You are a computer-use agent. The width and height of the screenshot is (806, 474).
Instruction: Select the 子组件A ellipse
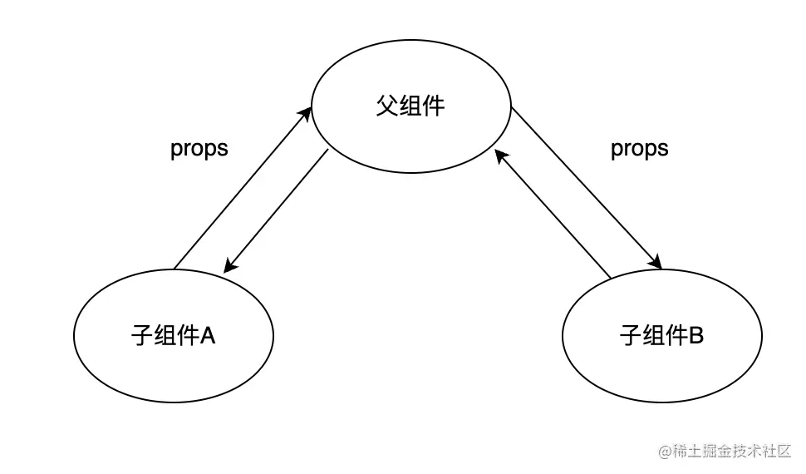[174, 336]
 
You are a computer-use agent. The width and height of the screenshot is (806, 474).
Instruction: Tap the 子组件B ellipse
[661, 336]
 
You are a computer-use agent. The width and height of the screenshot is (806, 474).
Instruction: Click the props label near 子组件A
[199, 149]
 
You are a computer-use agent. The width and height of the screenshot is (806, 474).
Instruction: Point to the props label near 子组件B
[639, 149]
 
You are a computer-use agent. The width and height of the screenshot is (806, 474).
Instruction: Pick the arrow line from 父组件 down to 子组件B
[586, 188]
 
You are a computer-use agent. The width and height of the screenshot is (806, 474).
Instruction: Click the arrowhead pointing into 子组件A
[229, 267]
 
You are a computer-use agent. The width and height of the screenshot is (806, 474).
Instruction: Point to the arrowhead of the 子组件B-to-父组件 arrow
[499, 155]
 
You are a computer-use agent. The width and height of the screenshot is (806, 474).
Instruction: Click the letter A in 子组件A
[208, 336]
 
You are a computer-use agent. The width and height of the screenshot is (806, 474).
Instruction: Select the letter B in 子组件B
[696, 336]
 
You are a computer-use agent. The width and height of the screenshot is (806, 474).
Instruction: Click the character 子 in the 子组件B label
[631, 336]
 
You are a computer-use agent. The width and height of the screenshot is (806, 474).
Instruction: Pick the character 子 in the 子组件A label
[142, 336]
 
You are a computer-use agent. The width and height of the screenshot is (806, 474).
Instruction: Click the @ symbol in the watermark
[665, 452]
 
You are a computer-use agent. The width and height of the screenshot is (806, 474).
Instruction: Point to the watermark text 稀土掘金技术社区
[732, 452]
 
